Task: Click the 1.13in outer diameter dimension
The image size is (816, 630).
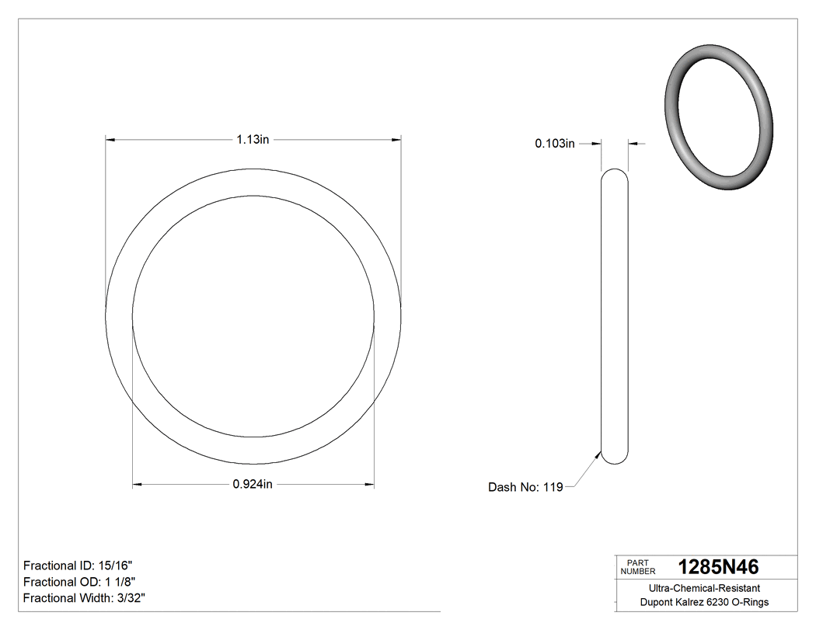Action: (x=253, y=140)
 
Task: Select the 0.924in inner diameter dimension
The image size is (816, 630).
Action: (x=253, y=485)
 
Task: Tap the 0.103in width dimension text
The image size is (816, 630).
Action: (x=554, y=143)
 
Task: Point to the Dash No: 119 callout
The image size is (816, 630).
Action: (x=525, y=488)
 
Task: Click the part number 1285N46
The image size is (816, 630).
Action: (x=718, y=566)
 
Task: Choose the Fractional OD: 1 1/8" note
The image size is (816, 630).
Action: (x=82, y=582)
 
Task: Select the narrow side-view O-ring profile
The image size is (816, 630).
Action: (x=615, y=316)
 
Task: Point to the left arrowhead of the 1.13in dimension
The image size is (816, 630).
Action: (x=110, y=140)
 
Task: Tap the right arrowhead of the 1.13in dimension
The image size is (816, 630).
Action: (x=397, y=140)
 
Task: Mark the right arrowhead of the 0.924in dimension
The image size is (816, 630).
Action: (x=370, y=485)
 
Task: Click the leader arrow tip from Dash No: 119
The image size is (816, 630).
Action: (x=600, y=453)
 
